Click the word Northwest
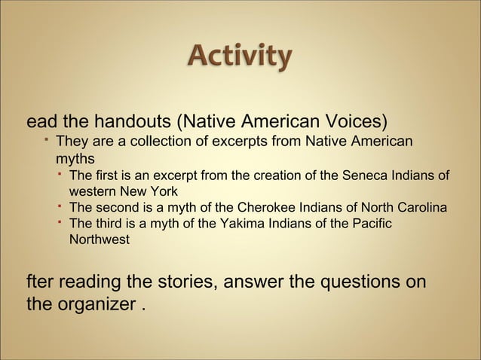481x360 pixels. coord(99,240)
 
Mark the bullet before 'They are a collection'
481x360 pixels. coord(47,141)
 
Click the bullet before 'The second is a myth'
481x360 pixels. coord(60,206)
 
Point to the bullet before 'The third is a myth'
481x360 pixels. coord(60,222)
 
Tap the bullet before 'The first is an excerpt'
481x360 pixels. coord(60,175)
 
